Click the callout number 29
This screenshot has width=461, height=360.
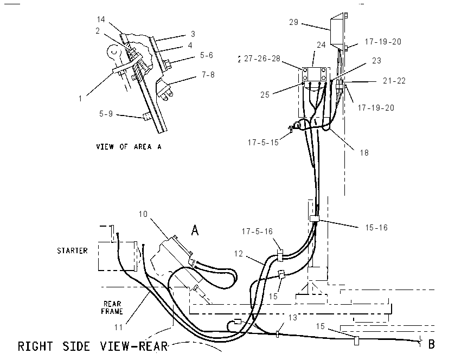pyautogui.click(x=293, y=22)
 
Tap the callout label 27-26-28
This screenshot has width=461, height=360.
pyautogui.click(x=262, y=59)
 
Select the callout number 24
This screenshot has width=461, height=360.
pyautogui.click(x=321, y=45)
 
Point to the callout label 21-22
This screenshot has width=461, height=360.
pyautogui.click(x=394, y=81)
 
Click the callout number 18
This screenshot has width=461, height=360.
pyautogui.click(x=364, y=153)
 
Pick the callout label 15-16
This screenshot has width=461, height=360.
pyautogui.click(x=376, y=228)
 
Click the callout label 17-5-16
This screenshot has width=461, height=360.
pyautogui.click(x=257, y=232)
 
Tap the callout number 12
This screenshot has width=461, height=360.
pyautogui.click(x=239, y=253)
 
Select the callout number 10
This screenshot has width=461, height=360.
pyautogui.click(x=143, y=214)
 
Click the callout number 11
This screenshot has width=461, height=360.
pyautogui.click(x=118, y=327)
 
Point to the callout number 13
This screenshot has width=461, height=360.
pyautogui.click(x=292, y=318)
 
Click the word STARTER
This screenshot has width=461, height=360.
pyautogui.click(x=72, y=250)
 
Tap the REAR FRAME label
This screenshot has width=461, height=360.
pyautogui.click(x=112, y=307)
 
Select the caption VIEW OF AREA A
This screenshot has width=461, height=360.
pyautogui.click(x=129, y=146)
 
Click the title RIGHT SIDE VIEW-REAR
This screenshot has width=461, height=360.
pyautogui.click(x=93, y=346)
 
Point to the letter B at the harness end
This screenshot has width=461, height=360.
pyautogui.click(x=431, y=344)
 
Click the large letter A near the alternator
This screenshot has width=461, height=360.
pyautogui.click(x=195, y=230)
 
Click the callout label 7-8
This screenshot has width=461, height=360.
pyautogui.click(x=208, y=75)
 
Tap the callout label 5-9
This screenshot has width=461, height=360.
pyautogui.click(x=106, y=114)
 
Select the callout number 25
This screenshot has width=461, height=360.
pyautogui.click(x=265, y=95)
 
